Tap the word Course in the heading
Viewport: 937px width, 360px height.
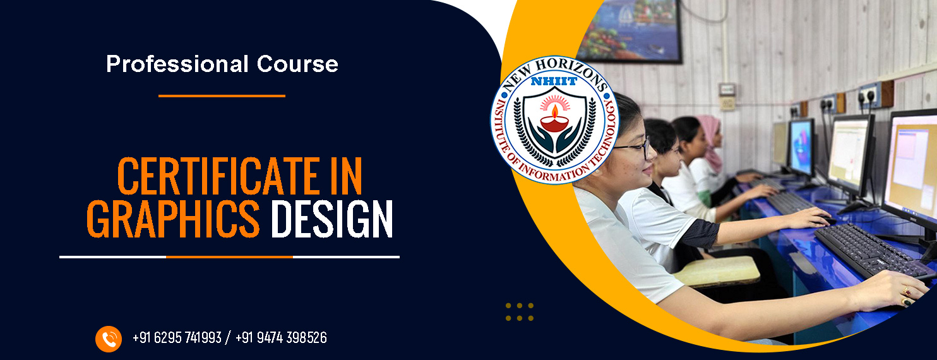[x=297, y=64]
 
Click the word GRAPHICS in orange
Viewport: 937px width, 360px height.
[x=173, y=219]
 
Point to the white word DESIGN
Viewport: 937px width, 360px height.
[x=331, y=219]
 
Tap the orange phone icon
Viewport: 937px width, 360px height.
[x=109, y=339]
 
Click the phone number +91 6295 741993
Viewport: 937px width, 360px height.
[x=177, y=337]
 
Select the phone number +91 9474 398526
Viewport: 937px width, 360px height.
[x=281, y=337]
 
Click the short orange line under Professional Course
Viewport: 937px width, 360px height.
[x=222, y=96]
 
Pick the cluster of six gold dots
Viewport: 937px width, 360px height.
[x=520, y=312]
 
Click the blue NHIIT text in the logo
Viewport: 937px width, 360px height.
[x=554, y=81]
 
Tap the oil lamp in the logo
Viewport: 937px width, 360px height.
[x=554, y=120]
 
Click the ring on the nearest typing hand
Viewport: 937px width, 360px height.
[x=905, y=291]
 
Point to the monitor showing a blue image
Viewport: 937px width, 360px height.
[x=801, y=147]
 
